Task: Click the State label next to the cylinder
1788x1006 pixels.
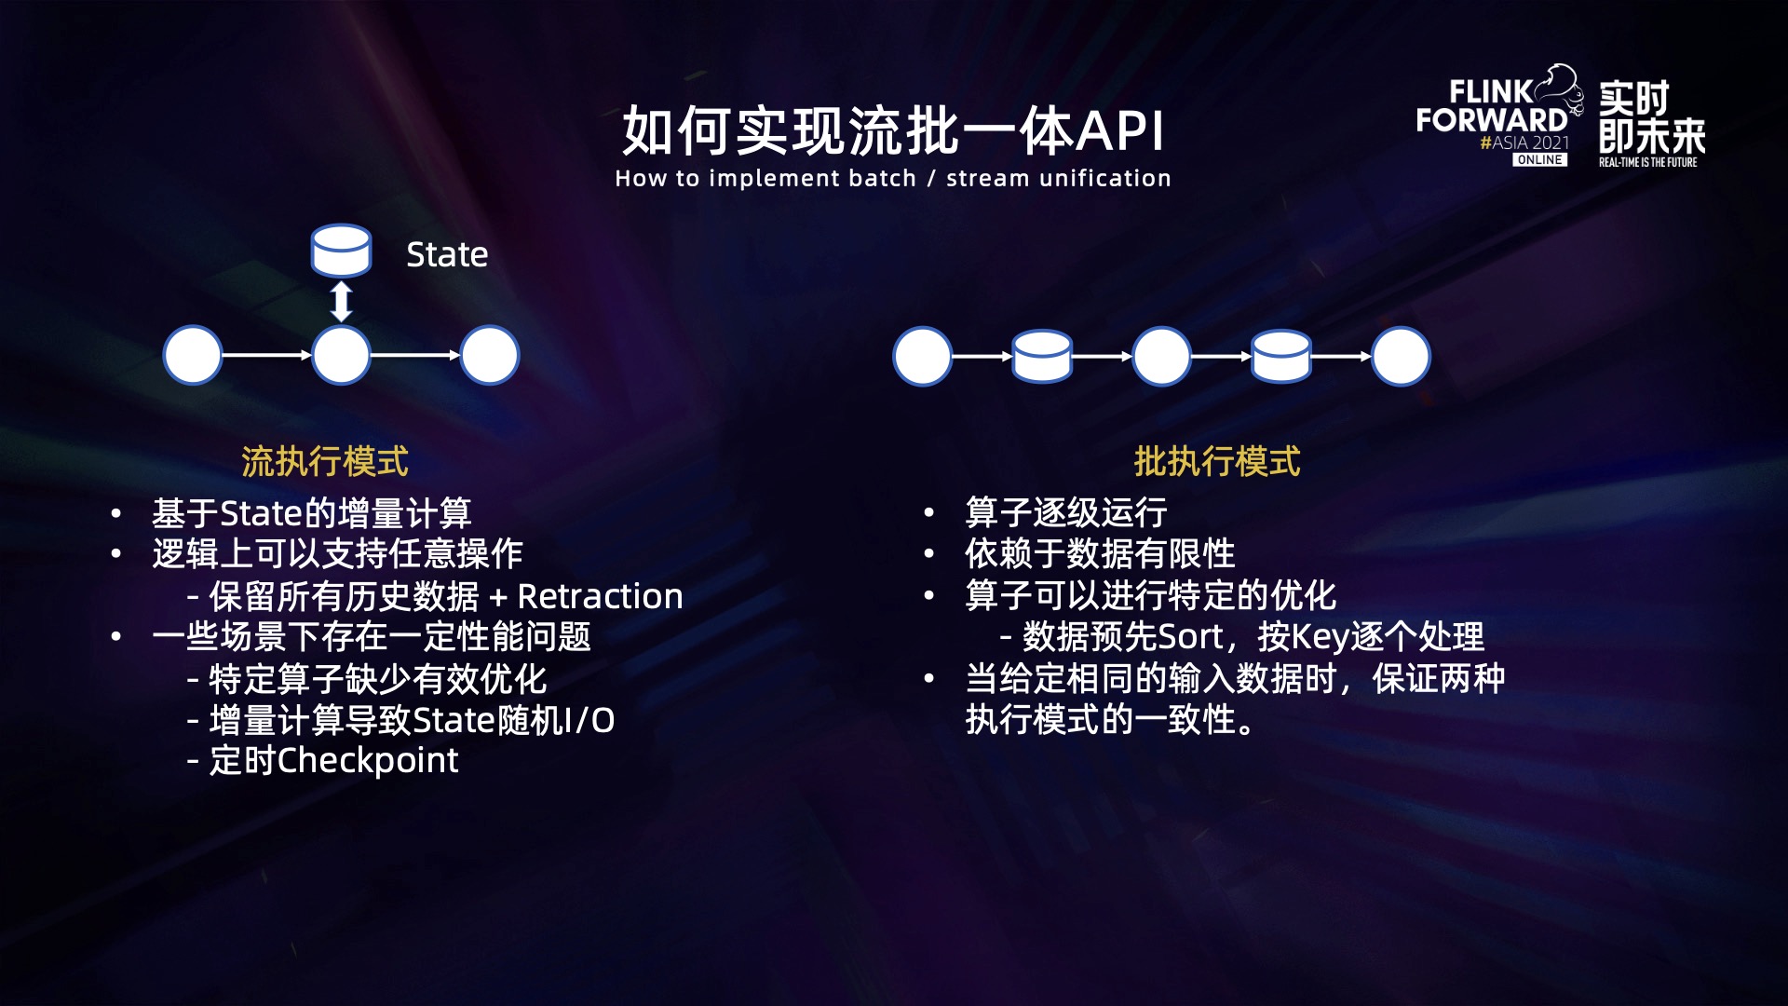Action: point(447,254)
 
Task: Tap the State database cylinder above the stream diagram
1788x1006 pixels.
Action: point(341,250)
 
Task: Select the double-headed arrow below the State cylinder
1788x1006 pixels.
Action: point(342,301)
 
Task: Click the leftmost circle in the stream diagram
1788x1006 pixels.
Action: point(193,355)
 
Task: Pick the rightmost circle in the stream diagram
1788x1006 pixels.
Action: point(490,355)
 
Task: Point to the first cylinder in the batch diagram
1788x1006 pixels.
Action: point(1042,356)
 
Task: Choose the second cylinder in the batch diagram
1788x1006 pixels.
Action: point(1280,356)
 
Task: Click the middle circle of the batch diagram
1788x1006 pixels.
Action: point(1161,356)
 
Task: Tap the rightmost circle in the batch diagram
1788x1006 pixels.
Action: point(1401,356)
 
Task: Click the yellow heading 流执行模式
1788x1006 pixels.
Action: point(324,461)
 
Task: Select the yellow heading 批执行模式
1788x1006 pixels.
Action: point(1216,461)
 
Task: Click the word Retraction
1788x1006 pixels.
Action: point(600,596)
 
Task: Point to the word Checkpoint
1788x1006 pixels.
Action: point(368,761)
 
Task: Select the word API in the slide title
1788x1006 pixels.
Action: point(1120,130)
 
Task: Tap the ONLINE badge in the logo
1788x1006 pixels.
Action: point(1539,160)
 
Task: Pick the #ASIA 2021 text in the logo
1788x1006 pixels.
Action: point(1524,143)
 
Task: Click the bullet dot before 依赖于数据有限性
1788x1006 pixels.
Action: point(928,554)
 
